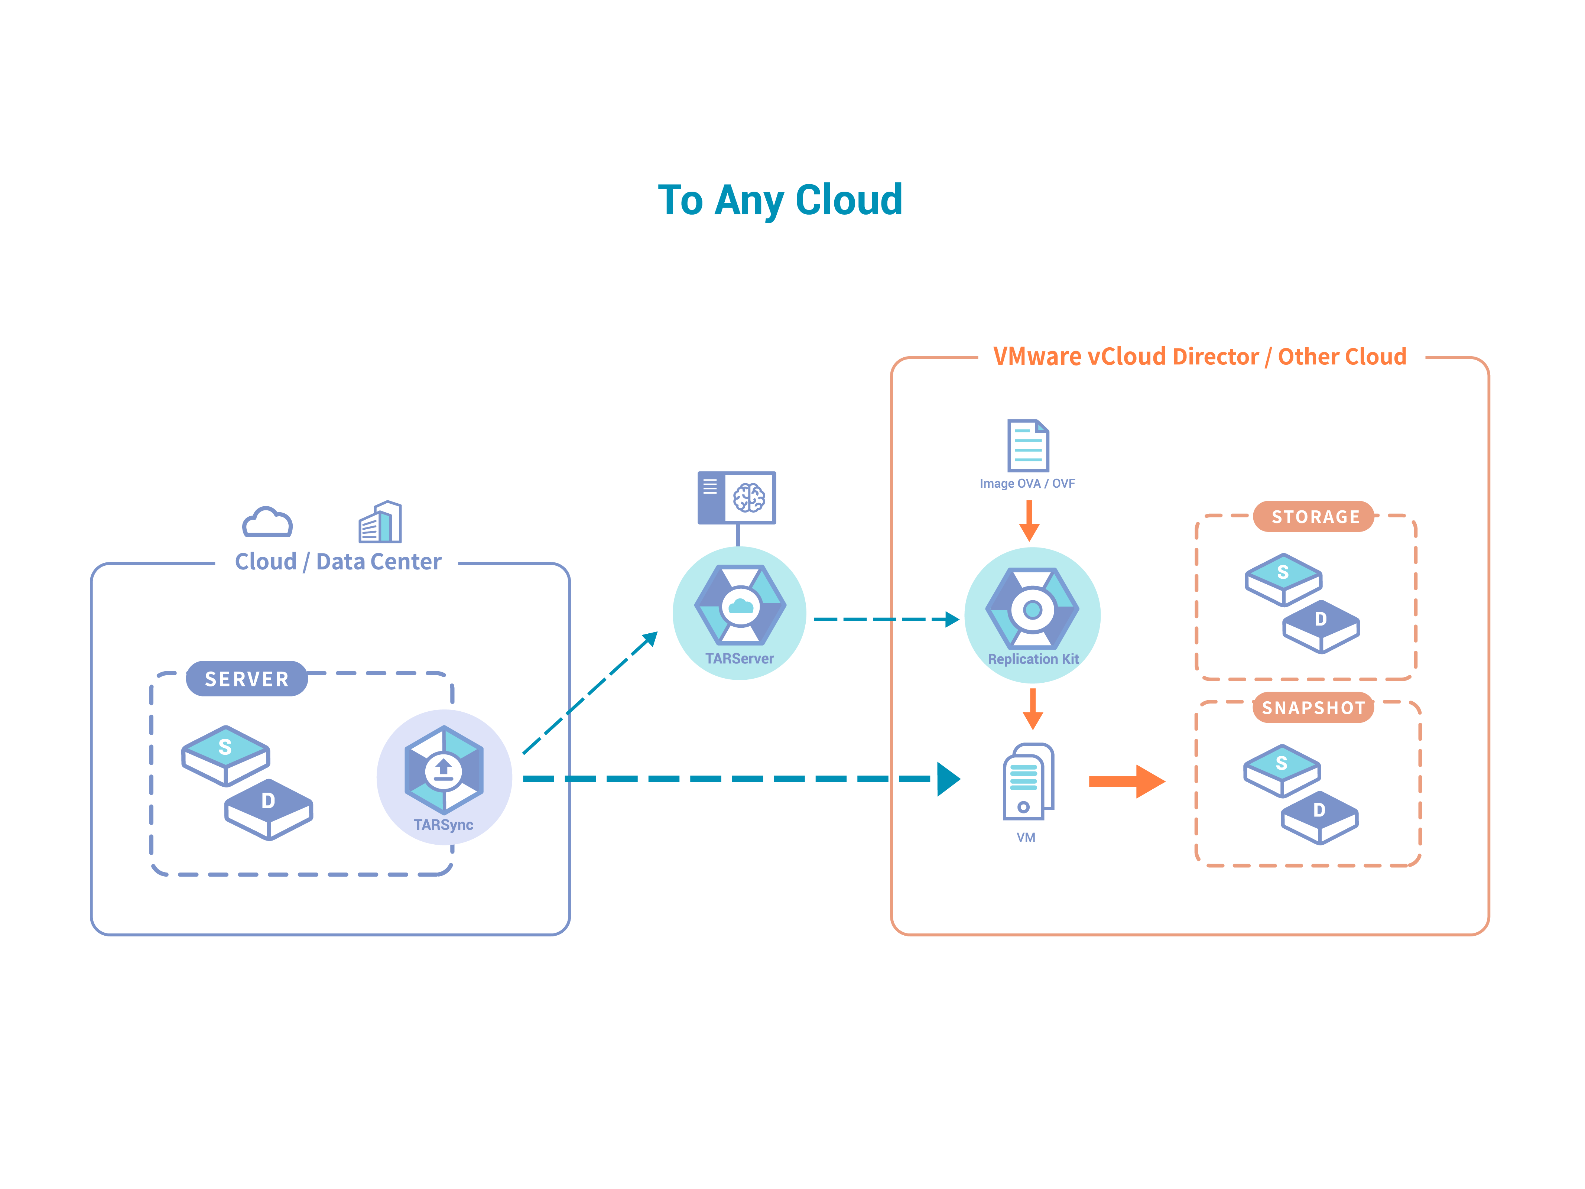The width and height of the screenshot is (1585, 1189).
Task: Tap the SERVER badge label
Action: (x=247, y=679)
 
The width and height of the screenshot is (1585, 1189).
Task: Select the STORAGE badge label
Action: (x=1314, y=517)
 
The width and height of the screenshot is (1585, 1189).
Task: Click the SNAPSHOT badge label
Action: (x=1313, y=708)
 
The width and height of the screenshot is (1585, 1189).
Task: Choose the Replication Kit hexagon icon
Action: (x=1032, y=609)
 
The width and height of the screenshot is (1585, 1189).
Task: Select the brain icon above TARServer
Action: (x=749, y=497)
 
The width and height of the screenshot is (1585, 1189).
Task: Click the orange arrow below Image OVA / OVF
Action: (x=1029, y=520)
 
